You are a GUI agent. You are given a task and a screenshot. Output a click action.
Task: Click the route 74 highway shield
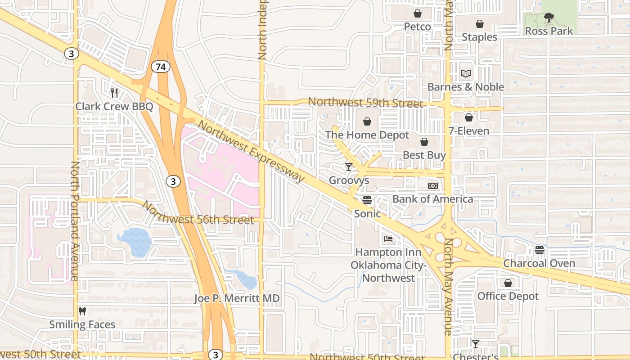pos(161,67)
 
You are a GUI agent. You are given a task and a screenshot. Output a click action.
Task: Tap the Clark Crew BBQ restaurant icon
pos(114,93)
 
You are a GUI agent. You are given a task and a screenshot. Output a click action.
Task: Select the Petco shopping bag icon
pos(418,13)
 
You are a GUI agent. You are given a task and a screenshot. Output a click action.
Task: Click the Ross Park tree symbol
pos(549,18)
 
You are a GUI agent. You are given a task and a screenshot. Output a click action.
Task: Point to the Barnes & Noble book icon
pos(466,73)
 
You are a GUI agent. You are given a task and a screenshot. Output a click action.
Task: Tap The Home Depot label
pos(367,135)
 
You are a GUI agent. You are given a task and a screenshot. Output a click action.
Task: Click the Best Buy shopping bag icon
pos(424,142)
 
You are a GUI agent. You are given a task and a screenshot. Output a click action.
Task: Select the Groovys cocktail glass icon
pos(349,167)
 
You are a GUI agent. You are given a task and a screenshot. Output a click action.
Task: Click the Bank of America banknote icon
pos(432,186)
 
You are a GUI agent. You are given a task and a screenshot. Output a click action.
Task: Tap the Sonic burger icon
pos(367,200)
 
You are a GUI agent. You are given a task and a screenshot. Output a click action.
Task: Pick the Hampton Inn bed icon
pos(388,239)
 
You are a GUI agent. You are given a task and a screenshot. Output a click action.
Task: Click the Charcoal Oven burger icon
pos(539,250)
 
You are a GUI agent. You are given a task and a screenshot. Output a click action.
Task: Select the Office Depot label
pos(508,296)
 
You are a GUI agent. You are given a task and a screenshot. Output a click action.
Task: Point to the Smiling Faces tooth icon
pos(82,311)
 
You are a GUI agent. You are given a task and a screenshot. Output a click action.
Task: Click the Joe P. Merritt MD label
pos(237,298)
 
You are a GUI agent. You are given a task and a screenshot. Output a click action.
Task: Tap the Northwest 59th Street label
pos(365,103)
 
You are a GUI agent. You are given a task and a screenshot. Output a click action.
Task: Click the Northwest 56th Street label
pos(198,213)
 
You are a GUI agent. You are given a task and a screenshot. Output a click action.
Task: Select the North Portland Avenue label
pos(75,220)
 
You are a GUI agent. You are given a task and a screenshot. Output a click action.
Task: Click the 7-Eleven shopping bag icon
pos(468,117)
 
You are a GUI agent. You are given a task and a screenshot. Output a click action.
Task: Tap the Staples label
pos(479,37)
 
